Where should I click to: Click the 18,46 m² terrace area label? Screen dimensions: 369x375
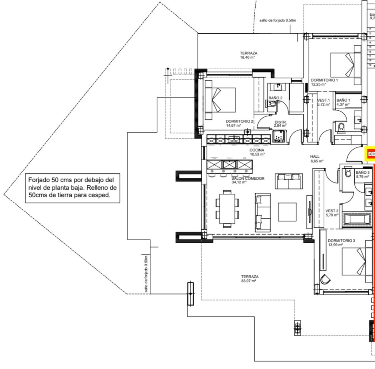tap(248, 55)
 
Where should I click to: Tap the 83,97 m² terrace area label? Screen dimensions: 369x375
tap(249, 279)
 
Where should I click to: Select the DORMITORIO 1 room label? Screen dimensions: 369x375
tap(324, 82)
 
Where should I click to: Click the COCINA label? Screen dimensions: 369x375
tap(257, 152)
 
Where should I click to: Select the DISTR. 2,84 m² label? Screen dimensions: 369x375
tap(280, 124)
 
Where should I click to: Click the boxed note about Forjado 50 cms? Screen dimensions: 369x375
tap(72, 188)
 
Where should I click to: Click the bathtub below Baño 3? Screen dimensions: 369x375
tap(358, 218)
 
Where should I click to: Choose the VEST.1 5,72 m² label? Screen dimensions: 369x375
tap(323, 102)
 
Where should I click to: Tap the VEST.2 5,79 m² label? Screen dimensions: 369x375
tap(332, 213)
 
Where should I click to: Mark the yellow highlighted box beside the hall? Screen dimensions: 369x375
tap(370, 154)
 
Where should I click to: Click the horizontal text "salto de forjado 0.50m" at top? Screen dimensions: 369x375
tap(277, 20)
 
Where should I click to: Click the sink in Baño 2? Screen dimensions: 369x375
tap(277, 87)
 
